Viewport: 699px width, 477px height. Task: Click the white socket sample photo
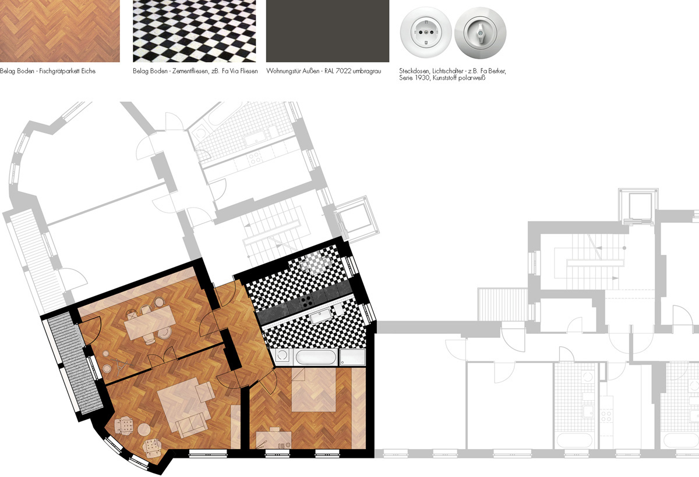(426, 33)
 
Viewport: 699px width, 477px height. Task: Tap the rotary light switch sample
(480, 33)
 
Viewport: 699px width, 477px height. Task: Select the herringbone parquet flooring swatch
(60, 31)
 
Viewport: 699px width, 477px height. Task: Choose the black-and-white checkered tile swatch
(194, 31)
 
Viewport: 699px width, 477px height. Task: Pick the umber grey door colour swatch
(327, 31)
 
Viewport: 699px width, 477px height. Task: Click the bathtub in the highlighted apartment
(316, 357)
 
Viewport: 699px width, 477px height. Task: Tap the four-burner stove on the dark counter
(306, 301)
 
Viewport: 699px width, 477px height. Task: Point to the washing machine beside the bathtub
(283, 357)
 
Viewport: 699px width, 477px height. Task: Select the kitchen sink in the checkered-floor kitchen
(321, 316)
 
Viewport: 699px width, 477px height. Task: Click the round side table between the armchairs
(144, 429)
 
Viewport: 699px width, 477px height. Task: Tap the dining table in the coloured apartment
(150, 322)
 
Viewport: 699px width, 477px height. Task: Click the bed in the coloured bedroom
(313, 389)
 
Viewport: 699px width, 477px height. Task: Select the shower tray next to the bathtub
(352, 357)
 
